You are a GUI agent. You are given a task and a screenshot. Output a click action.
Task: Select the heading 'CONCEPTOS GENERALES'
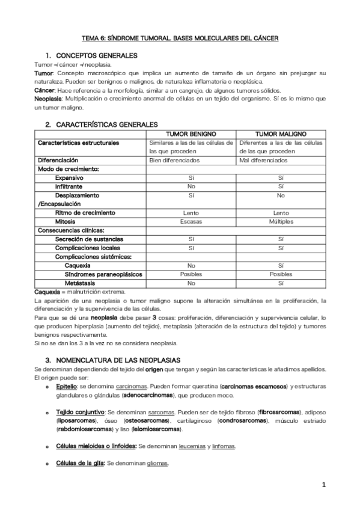[97, 55]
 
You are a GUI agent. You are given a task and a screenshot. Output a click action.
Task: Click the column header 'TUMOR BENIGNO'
[191, 134]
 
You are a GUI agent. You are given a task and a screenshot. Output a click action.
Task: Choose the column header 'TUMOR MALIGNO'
[281, 134]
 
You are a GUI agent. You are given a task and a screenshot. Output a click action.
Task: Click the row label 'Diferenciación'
[58, 161]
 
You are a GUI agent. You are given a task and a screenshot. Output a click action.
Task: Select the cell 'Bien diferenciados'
[174, 161]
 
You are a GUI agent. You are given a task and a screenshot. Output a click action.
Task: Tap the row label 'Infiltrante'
[69, 187]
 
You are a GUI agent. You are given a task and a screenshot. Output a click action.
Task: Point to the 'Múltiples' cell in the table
[281, 221]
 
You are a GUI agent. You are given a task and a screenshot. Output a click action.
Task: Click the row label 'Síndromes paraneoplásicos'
[103, 274]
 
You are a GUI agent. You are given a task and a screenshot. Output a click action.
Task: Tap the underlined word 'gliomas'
[156, 464]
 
